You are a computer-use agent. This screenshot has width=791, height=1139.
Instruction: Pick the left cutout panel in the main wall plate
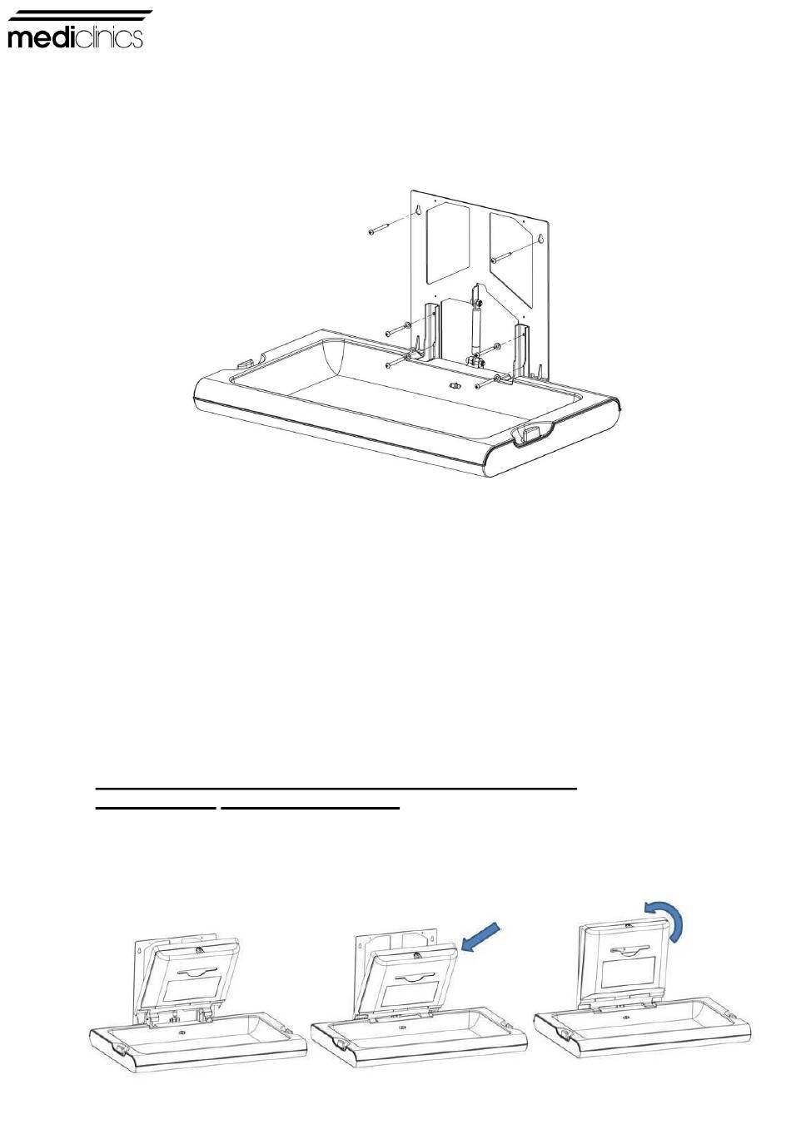[447, 242]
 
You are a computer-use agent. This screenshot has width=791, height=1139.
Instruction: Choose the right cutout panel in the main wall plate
[510, 260]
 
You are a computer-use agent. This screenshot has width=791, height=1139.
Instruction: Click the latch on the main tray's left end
[245, 363]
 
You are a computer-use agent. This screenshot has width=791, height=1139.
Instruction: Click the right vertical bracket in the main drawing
[522, 351]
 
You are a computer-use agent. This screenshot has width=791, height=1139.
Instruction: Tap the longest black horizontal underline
[336, 789]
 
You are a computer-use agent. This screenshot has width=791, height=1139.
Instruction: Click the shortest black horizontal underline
[156, 808]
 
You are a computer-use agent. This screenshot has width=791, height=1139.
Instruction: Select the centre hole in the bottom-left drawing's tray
[182, 1033]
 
